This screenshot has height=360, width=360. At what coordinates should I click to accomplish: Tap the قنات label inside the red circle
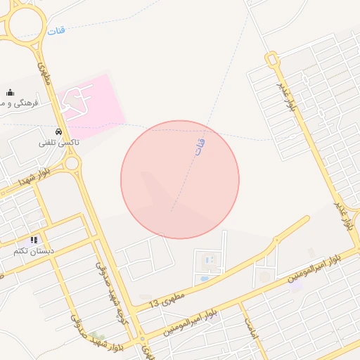[x=200, y=146]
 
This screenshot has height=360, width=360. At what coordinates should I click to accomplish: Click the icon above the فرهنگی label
[x=10, y=92]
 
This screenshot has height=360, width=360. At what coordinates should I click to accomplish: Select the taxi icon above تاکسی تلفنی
[x=58, y=131]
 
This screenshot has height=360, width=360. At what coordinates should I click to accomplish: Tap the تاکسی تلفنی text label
[x=59, y=142]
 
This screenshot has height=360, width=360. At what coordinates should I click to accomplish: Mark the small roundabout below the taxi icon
[x=71, y=164]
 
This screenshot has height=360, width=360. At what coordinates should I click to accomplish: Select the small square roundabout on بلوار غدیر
[x=272, y=59]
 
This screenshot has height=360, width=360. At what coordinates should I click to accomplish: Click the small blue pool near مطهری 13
[x=204, y=279]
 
